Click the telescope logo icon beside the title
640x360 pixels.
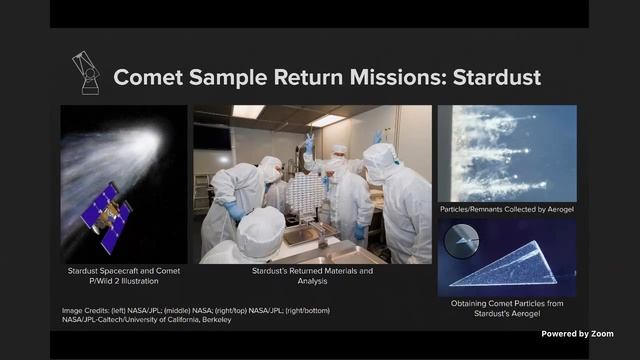(x=86, y=72)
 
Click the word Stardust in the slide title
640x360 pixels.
(x=489, y=77)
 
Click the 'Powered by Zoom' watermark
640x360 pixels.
(x=577, y=333)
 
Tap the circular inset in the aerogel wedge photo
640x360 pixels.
(x=460, y=240)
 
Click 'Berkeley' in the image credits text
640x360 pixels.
(x=210, y=319)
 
